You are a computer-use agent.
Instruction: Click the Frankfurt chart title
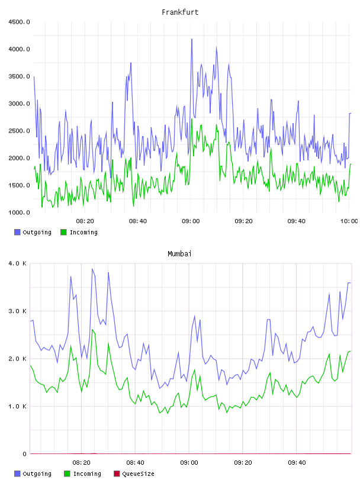tap(180, 12)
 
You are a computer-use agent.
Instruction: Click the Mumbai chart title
tap(179, 253)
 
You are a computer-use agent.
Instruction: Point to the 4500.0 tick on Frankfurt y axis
tap(19, 22)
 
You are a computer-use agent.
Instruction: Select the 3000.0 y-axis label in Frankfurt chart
tap(19, 104)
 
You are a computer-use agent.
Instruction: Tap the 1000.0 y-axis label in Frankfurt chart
tap(19, 212)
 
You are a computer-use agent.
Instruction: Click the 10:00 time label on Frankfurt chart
tap(349, 221)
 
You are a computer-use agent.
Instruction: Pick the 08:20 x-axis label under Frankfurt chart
tap(85, 221)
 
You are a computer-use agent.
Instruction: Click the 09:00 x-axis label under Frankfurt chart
tap(191, 221)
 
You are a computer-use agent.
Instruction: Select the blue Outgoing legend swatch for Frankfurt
tap(17, 232)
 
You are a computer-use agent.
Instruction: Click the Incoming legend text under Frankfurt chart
tap(83, 232)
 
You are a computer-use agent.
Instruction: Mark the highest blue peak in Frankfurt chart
tap(192, 40)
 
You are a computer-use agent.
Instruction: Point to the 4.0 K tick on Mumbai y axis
tap(18, 263)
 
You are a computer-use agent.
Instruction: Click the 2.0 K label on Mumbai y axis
tap(18, 359)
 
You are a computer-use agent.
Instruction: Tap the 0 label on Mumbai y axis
tap(24, 454)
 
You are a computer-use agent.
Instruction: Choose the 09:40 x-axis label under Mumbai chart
tap(297, 462)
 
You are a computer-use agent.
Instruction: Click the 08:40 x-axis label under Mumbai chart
tap(135, 462)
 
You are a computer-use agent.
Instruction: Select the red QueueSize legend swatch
tap(117, 474)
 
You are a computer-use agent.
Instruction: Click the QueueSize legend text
tap(138, 474)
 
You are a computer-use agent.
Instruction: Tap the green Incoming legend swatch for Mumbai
tap(67, 474)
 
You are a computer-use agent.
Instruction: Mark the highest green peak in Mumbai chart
tap(92, 330)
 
